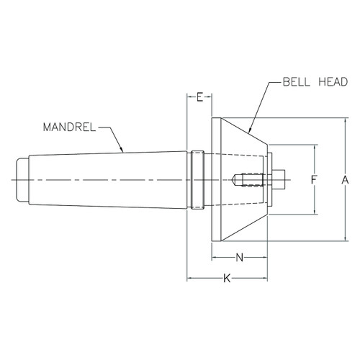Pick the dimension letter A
[346, 179]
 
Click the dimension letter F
[314, 179]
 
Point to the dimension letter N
[240, 256]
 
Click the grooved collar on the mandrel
[197, 179]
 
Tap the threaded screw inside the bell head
[251, 179]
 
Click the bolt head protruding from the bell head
[282, 179]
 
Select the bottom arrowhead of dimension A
[346, 238]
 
